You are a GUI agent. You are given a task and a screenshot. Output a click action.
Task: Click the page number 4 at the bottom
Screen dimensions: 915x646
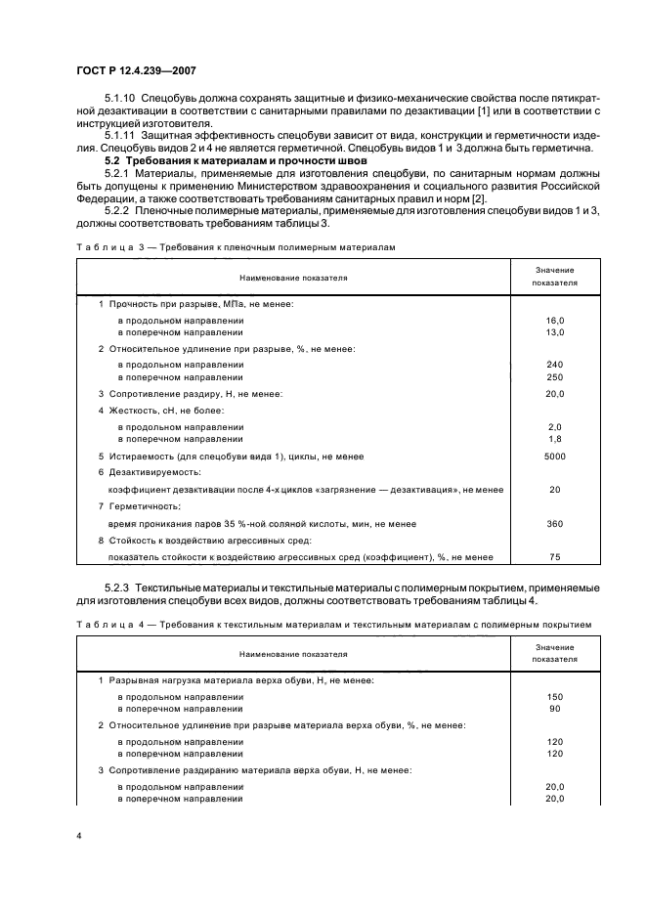[x=78, y=838]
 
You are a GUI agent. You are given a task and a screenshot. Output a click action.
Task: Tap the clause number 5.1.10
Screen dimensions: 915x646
[x=121, y=100]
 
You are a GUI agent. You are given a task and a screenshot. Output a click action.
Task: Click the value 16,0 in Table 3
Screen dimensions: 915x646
[x=554, y=321]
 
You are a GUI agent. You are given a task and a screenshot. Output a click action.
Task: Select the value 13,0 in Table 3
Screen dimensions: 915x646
[x=554, y=332]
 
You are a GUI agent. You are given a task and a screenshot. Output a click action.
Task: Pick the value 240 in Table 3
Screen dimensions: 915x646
[x=554, y=365]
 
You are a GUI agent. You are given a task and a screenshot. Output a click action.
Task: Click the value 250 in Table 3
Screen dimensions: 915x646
[x=554, y=376]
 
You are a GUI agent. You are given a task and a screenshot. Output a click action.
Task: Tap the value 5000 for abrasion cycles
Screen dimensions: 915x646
[x=554, y=456]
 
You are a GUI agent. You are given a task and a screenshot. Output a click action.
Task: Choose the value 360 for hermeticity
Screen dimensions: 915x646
[x=554, y=523]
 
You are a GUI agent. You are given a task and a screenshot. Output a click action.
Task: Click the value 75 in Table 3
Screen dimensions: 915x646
[x=554, y=557]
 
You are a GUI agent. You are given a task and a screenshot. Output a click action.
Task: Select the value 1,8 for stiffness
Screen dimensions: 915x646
[x=554, y=438]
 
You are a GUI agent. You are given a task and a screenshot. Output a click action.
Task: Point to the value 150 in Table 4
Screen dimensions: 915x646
[x=554, y=697]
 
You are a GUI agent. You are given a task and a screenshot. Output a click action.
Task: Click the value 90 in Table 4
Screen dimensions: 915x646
[x=554, y=709]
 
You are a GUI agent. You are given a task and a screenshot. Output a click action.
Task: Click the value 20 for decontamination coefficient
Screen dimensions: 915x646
[x=554, y=490]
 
